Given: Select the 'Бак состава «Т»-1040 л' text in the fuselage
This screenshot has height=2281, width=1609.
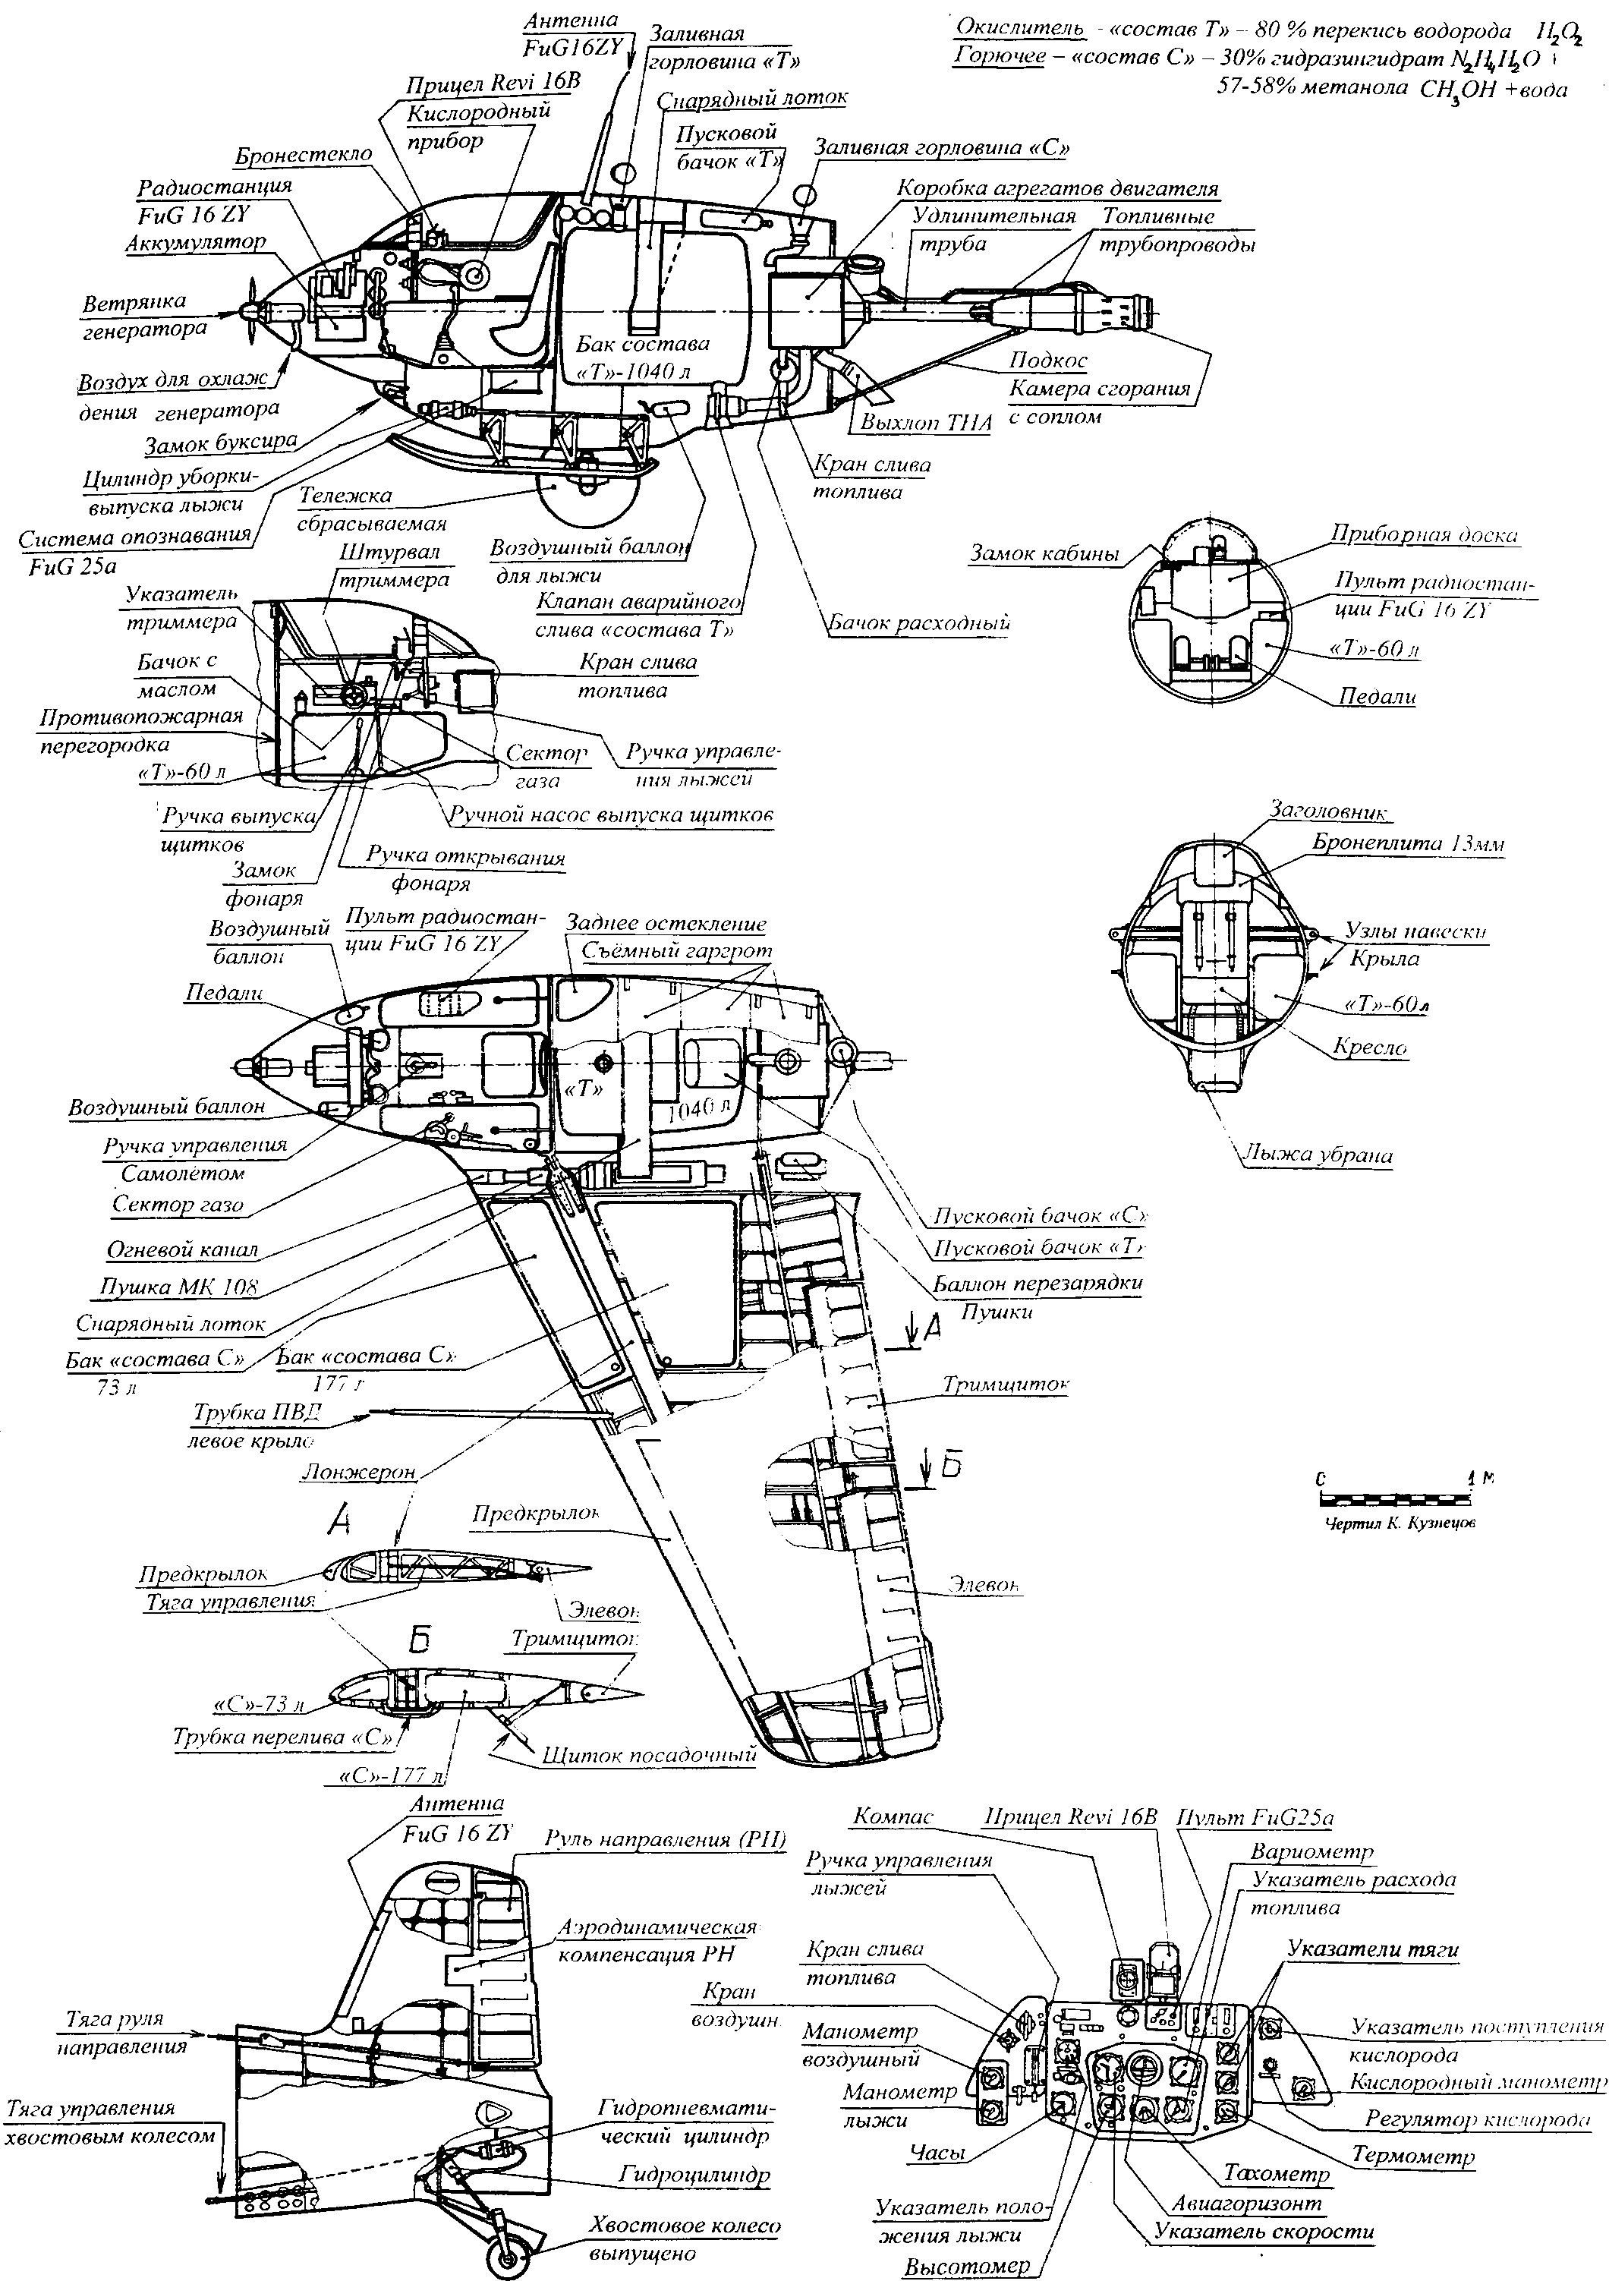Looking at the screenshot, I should (643, 357).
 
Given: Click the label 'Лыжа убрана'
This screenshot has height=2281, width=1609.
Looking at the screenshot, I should (1316, 1155).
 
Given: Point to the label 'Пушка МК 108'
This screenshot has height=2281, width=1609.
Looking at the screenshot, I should (180, 1287).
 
